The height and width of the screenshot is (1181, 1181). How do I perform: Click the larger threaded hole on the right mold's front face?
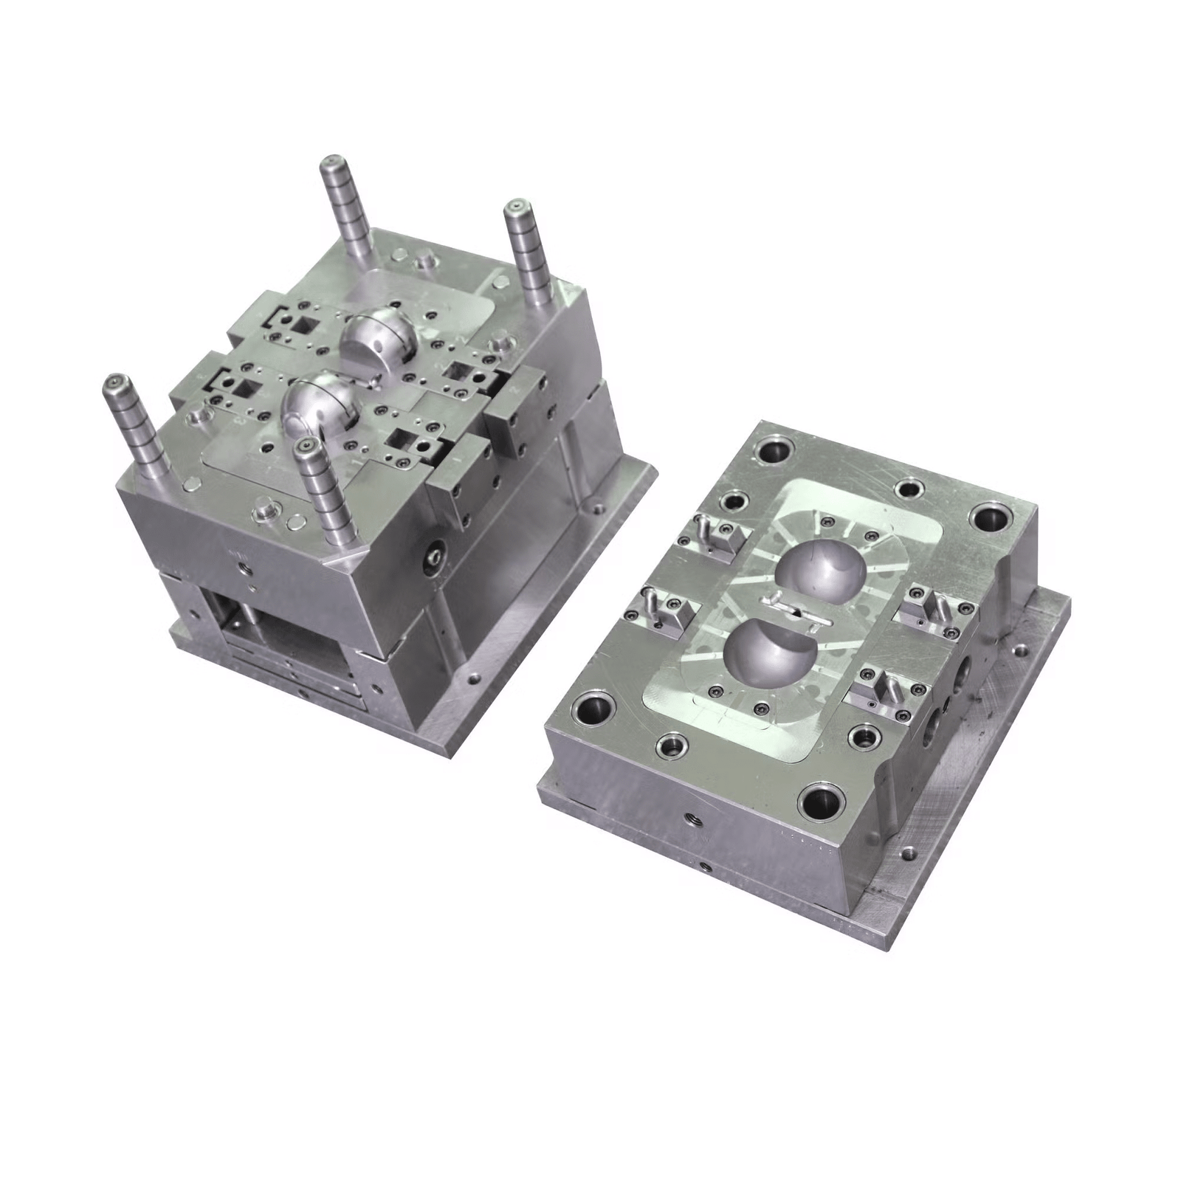695,819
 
